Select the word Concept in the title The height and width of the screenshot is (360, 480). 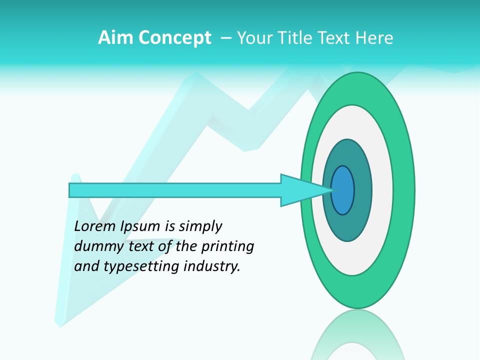click(x=175, y=38)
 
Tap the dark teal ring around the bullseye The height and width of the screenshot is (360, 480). click(x=362, y=190)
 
